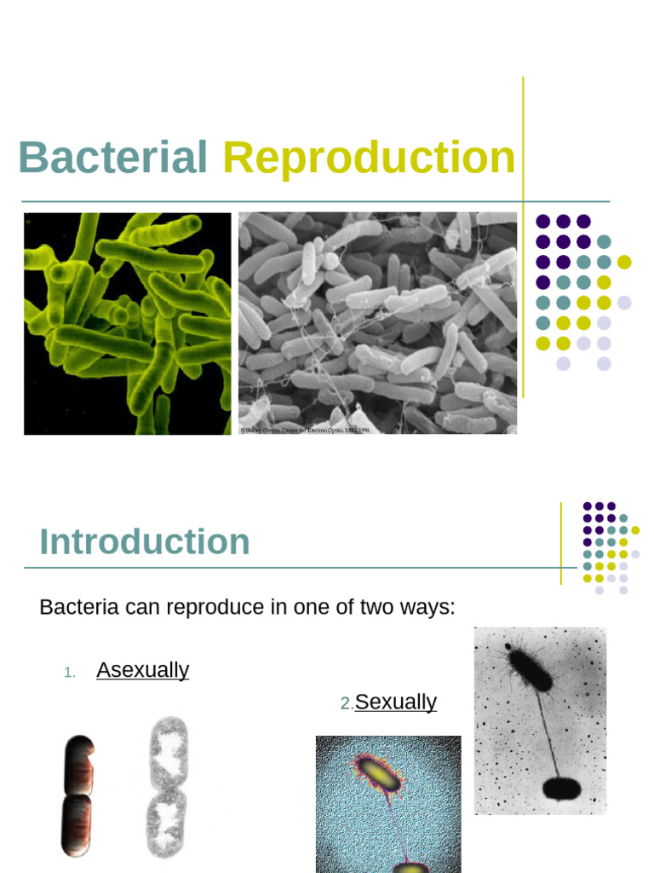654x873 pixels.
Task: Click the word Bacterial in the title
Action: (112, 159)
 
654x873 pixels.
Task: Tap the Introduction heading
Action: (145, 542)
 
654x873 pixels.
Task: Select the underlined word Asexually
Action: (142, 670)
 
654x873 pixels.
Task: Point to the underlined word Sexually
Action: (395, 702)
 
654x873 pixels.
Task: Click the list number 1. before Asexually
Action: (70, 673)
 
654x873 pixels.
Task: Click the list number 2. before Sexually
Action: (347, 703)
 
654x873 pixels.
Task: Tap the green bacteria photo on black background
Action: (128, 324)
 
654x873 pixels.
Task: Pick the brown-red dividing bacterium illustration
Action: (77, 795)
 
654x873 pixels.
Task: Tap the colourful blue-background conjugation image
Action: (388, 803)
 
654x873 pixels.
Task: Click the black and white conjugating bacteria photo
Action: (540, 720)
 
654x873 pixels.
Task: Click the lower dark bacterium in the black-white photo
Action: (561, 789)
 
